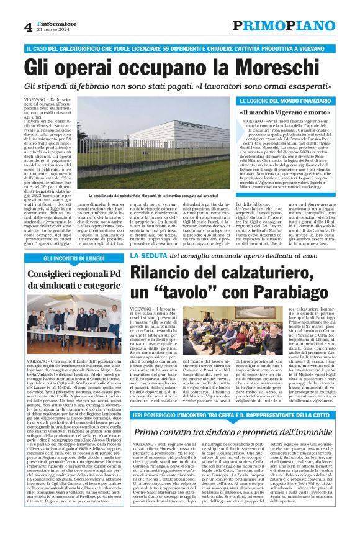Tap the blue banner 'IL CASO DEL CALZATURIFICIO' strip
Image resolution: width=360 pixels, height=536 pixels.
point(180,48)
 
